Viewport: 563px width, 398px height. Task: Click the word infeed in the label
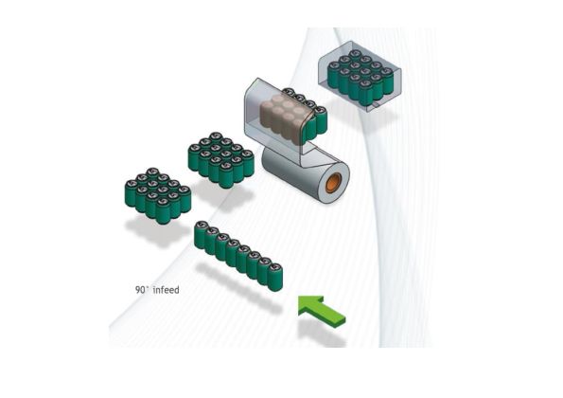pyautogui.click(x=167, y=290)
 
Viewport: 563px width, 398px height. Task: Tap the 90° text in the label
pyautogui.click(x=142, y=290)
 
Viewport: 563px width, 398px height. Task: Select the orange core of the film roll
pyautogui.click(x=332, y=181)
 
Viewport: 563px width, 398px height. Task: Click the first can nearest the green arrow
pyautogui.click(x=274, y=276)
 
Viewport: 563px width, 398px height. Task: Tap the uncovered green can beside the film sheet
pyautogui.click(x=320, y=120)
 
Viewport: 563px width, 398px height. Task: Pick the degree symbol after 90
pyautogui.click(x=150, y=287)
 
